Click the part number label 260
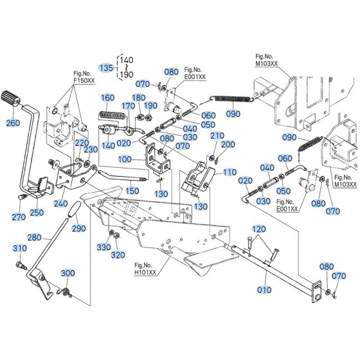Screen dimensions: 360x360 [13, 123]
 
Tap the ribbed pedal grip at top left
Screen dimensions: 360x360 [11, 98]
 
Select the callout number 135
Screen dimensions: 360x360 [107, 67]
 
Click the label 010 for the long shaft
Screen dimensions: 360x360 [264, 290]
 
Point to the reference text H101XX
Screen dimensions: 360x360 [145, 273]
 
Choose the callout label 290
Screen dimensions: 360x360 [78, 228]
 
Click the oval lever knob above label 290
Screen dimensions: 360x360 [74, 209]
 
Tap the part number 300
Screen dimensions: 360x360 [67, 273]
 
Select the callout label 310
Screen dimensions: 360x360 [20, 248]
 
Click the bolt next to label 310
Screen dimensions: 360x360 [21, 265]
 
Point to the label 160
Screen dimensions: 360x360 [108, 98]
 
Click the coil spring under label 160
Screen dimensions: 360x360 [112, 116]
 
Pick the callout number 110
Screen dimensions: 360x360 [230, 172]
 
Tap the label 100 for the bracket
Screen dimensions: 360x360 [125, 159]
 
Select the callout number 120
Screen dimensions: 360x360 [259, 229]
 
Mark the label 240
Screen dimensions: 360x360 [60, 203]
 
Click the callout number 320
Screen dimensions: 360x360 [118, 255]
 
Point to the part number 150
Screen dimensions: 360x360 [132, 190]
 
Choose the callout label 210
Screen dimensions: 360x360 [217, 136]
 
